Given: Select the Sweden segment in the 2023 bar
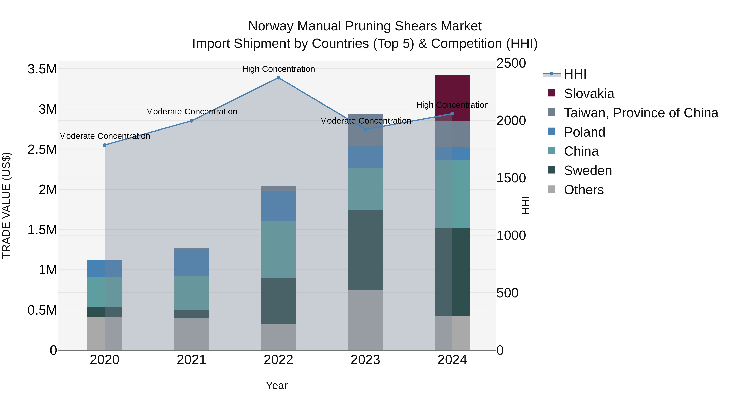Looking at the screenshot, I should pos(365,250).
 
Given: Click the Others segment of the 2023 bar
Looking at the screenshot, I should pos(365,320).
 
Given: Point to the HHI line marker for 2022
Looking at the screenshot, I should pos(278,78).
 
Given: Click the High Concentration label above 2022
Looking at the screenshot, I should pos(278,69).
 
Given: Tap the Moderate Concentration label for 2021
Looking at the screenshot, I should pos(191,112).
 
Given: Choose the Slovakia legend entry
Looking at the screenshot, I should pos(589,94).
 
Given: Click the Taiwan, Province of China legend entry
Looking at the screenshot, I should pos(640,113).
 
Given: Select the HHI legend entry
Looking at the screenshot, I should pos(575,74).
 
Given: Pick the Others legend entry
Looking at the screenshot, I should pos(583,190).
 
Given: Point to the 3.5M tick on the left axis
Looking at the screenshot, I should pos(42,69).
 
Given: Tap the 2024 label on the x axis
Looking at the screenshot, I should pos(452,360).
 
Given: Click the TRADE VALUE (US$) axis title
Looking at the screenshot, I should pos(6,205).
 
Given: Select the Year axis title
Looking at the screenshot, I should pos(277,385).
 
